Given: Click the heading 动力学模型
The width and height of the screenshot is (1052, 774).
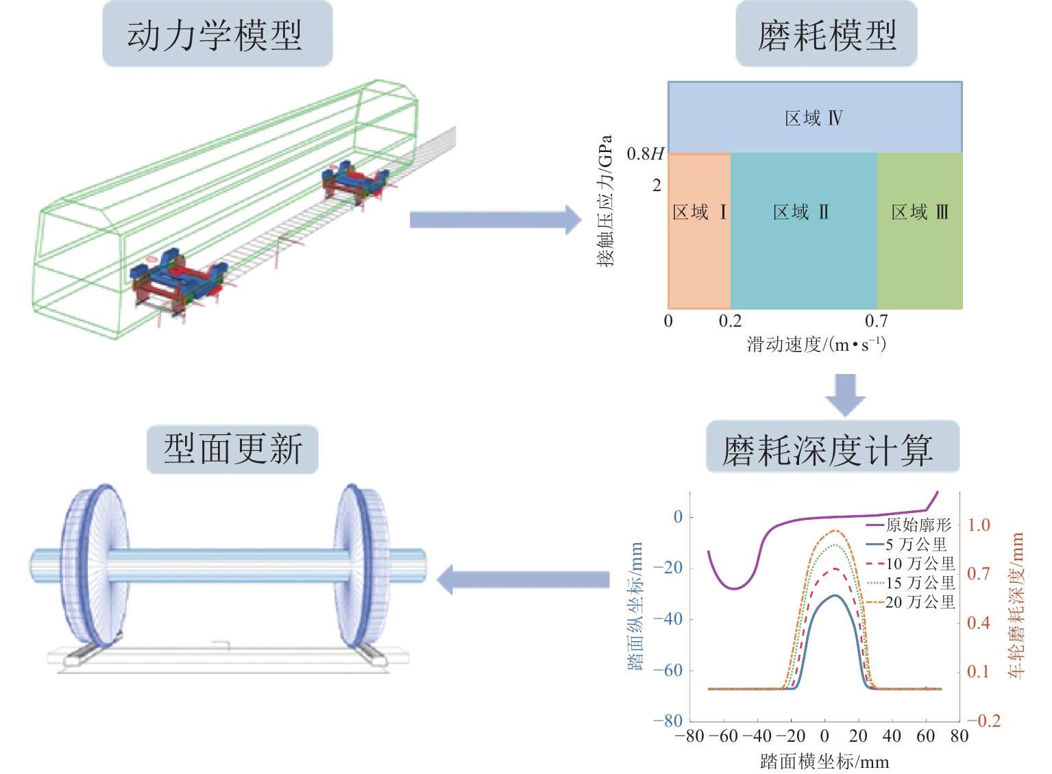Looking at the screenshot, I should pos(217,34).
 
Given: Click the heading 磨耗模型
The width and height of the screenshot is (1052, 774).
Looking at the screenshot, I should pos(826,34).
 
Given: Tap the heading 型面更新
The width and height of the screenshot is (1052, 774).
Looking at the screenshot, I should pos(232,449).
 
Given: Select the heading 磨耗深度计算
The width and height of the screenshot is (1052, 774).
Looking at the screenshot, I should pos(832,449).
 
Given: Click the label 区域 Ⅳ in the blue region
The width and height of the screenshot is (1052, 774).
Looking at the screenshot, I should pos(814,118).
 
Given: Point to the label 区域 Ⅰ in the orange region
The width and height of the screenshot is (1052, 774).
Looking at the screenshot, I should pos(699,212).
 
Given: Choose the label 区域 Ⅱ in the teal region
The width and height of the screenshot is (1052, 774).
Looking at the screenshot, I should pos(801,212).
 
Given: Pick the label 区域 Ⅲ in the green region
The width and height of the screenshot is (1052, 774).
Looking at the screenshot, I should pos(920,212).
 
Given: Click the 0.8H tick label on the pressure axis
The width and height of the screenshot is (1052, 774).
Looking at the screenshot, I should pos(645,154).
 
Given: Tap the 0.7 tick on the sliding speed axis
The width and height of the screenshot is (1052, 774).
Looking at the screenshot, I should pos(876,321).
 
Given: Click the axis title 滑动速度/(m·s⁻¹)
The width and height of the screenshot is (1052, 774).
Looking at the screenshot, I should pos(816,344).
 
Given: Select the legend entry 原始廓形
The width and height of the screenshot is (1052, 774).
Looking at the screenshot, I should pos(918,525).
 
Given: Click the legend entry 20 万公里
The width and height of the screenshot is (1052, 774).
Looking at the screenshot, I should pos(920,602).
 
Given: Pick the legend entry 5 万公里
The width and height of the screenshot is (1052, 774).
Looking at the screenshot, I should pos(916,545).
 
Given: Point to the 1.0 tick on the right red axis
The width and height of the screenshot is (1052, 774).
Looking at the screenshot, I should pos(979,525).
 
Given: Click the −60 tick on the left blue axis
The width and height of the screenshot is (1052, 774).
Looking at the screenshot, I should pos(668,671).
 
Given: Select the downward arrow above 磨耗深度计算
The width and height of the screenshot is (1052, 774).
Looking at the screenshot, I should pos(845,394).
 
